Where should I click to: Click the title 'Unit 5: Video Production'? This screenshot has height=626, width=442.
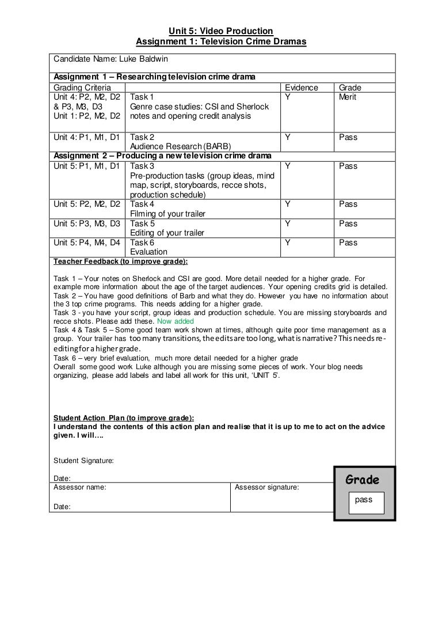click(x=221, y=31)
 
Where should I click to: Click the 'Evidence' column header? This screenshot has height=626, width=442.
click(x=302, y=88)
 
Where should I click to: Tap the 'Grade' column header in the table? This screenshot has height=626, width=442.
click(x=350, y=88)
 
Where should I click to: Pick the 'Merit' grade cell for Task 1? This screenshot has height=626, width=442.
click(x=348, y=97)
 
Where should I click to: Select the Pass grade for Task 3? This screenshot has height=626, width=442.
click(x=348, y=166)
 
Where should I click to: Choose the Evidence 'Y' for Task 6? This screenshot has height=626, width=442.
click(x=287, y=242)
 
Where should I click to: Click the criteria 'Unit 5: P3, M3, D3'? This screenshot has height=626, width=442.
click(x=87, y=223)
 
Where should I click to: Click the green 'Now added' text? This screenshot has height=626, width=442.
click(x=176, y=321)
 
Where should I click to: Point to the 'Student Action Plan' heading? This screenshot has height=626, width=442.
click(x=123, y=418)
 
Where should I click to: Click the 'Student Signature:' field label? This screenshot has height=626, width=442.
click(x=83, y=460)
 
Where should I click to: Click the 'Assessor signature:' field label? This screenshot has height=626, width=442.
click(x=266, y=487)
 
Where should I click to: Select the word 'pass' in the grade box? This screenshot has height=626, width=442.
click(x=364, y=500)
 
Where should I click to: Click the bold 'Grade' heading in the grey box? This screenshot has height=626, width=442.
click(x=362, y=480)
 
